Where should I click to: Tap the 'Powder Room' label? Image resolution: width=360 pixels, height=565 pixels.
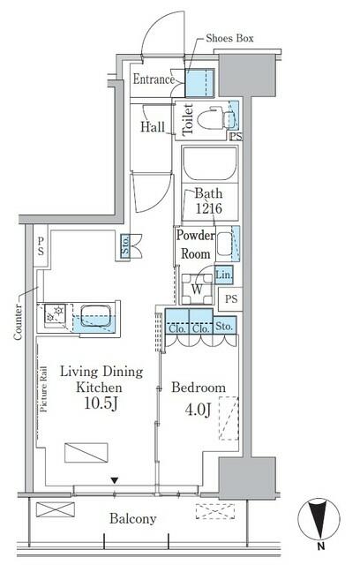coord(194,245)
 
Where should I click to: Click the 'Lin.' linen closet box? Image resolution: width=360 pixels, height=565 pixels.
coord(223,275)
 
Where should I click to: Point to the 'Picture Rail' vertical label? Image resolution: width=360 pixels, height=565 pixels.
coord(42,402)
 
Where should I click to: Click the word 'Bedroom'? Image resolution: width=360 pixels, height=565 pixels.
coord(198,388)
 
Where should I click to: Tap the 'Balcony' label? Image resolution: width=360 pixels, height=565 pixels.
coord(134,519)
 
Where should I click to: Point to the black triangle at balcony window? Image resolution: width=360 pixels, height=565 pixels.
coord(113,481)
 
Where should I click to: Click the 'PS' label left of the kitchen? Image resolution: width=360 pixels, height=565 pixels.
coord(40,249)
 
